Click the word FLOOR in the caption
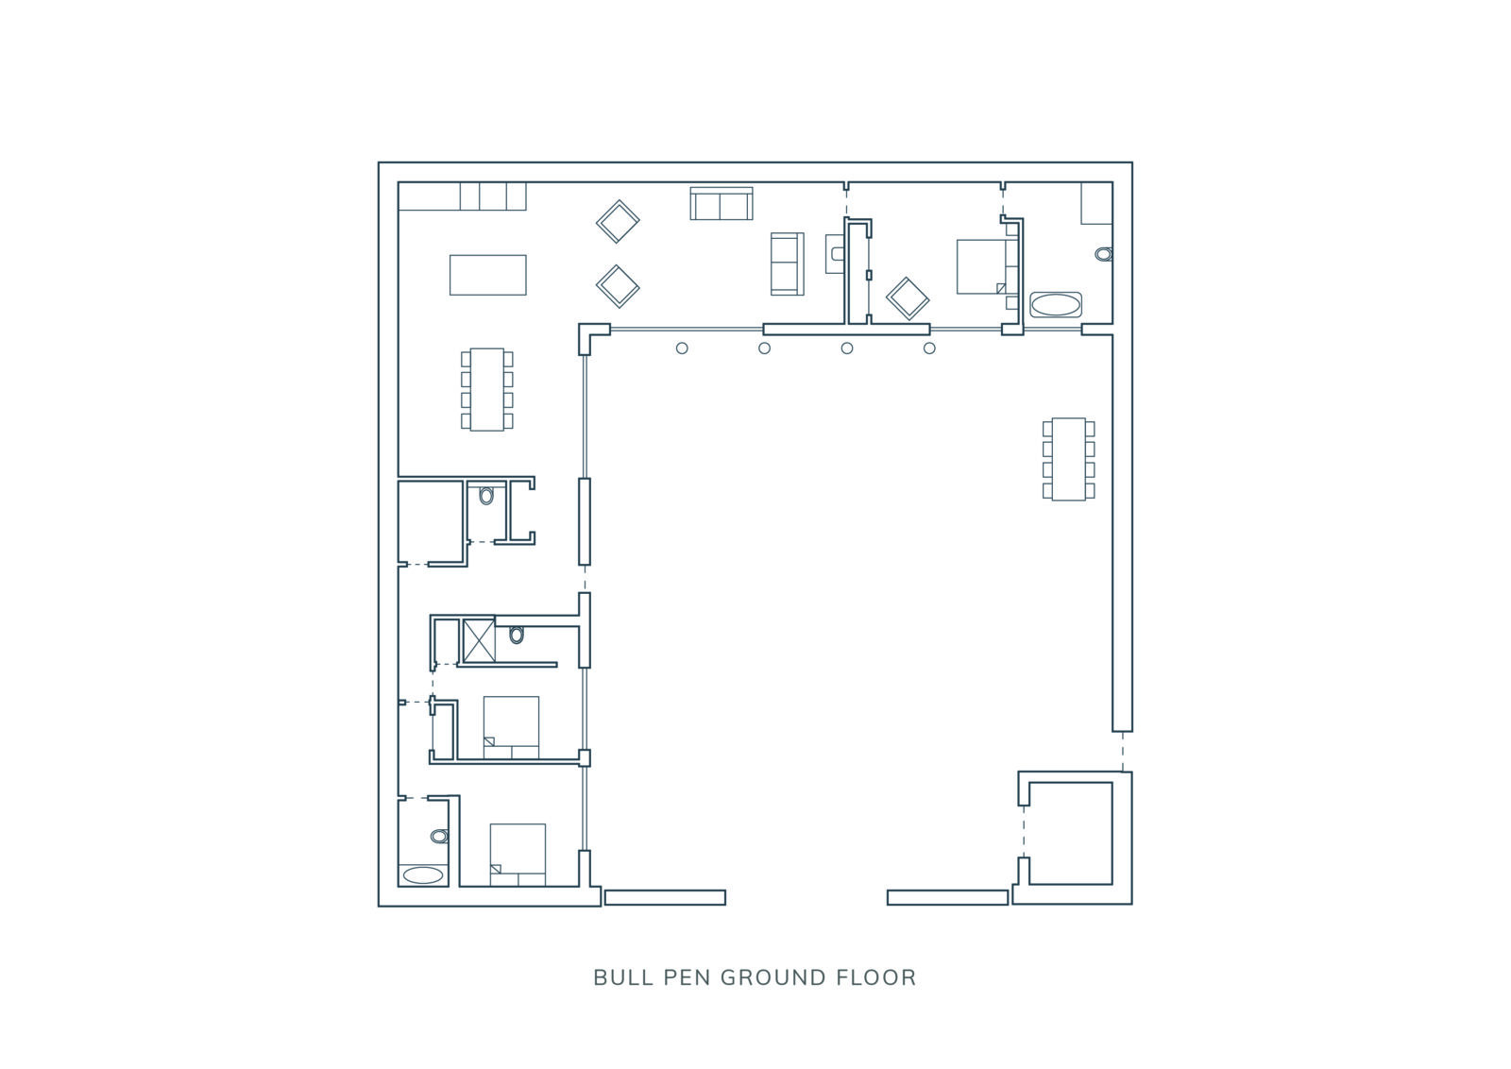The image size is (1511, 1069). click(876, 978)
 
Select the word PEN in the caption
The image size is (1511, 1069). click(687, 978)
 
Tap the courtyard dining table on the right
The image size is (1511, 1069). click(1068, 459)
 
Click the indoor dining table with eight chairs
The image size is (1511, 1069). click(487, 389)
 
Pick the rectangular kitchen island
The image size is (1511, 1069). click(487, 275)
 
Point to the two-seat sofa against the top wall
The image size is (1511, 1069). click(722, 204)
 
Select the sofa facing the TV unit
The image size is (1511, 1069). click(788, 263)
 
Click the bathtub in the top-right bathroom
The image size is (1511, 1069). click(1056, 304)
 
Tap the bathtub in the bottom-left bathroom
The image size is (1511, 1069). click(423, 874)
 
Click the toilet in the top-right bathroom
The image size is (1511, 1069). click(1104, 254)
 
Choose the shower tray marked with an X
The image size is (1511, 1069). click(479, 640)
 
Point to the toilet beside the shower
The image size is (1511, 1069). click(517, 635)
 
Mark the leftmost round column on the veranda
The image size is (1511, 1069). click(682, 348)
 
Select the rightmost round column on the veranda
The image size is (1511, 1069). click(929, 348)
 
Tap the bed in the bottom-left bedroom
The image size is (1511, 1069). click(518, 855)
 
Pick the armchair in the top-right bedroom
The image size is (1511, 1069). click(908, 298)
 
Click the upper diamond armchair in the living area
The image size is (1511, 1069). click(618, 221)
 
